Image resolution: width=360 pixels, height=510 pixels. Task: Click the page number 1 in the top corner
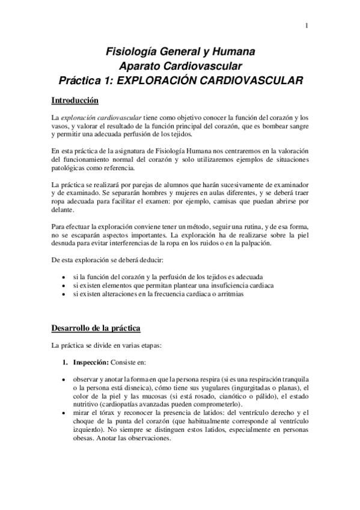(307, 25)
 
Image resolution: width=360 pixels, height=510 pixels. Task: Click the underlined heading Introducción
(75, 99)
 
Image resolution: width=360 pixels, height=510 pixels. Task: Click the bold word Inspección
(92, 364)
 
